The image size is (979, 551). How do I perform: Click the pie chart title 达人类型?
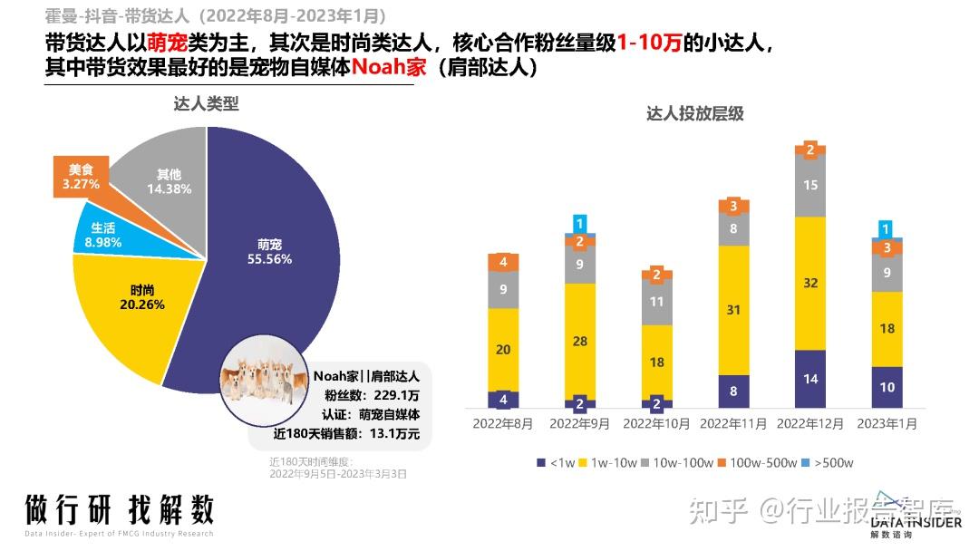[x=206, y=104]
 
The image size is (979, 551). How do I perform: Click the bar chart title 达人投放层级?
[x=694, y=114]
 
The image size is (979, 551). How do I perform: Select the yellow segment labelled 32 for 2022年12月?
[x=810, y=283]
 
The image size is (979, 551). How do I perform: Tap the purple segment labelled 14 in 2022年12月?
[x=810, y=379]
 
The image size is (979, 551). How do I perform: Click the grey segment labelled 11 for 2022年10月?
[x=658, y=302]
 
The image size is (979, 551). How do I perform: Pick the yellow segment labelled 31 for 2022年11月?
[x=733, y=310]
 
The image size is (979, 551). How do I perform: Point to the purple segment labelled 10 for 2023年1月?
[x=887, y=387]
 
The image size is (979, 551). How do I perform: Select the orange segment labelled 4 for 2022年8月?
[x=503, y=263]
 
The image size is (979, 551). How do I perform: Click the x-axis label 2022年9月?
[x=580, y=423]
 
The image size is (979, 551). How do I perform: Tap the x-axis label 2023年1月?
[x=887, y=423]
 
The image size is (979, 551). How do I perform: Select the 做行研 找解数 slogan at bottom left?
[x=119, y=509]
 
